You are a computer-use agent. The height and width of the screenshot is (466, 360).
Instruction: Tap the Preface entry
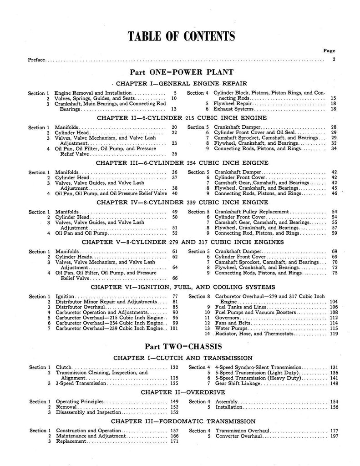(36, 60)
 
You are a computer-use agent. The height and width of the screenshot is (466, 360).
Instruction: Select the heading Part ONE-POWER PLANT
(182, 72)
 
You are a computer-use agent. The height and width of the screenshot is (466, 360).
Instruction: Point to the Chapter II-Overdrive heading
(182, 391)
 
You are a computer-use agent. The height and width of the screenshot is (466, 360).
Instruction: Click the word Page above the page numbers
(329, 51)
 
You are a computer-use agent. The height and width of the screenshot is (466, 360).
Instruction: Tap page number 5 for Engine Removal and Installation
(175, 93)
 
